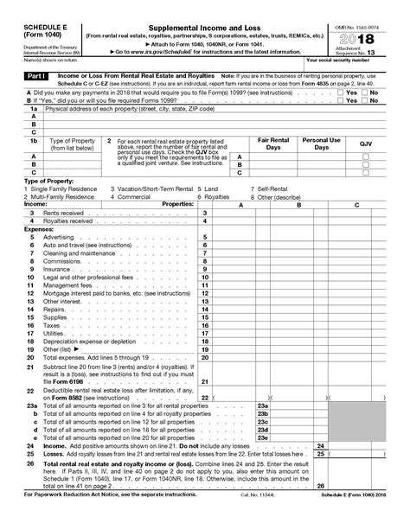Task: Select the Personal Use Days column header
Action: (x=321, y=143)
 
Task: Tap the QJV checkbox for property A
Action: (x=365, y=156)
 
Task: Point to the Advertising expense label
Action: (x=46, y=236)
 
